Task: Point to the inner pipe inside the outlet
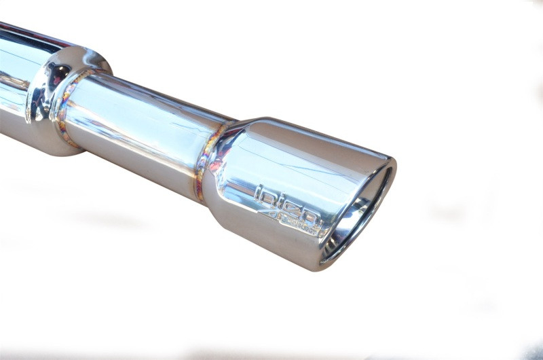click(353, 224)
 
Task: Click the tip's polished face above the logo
click(305, 163)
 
